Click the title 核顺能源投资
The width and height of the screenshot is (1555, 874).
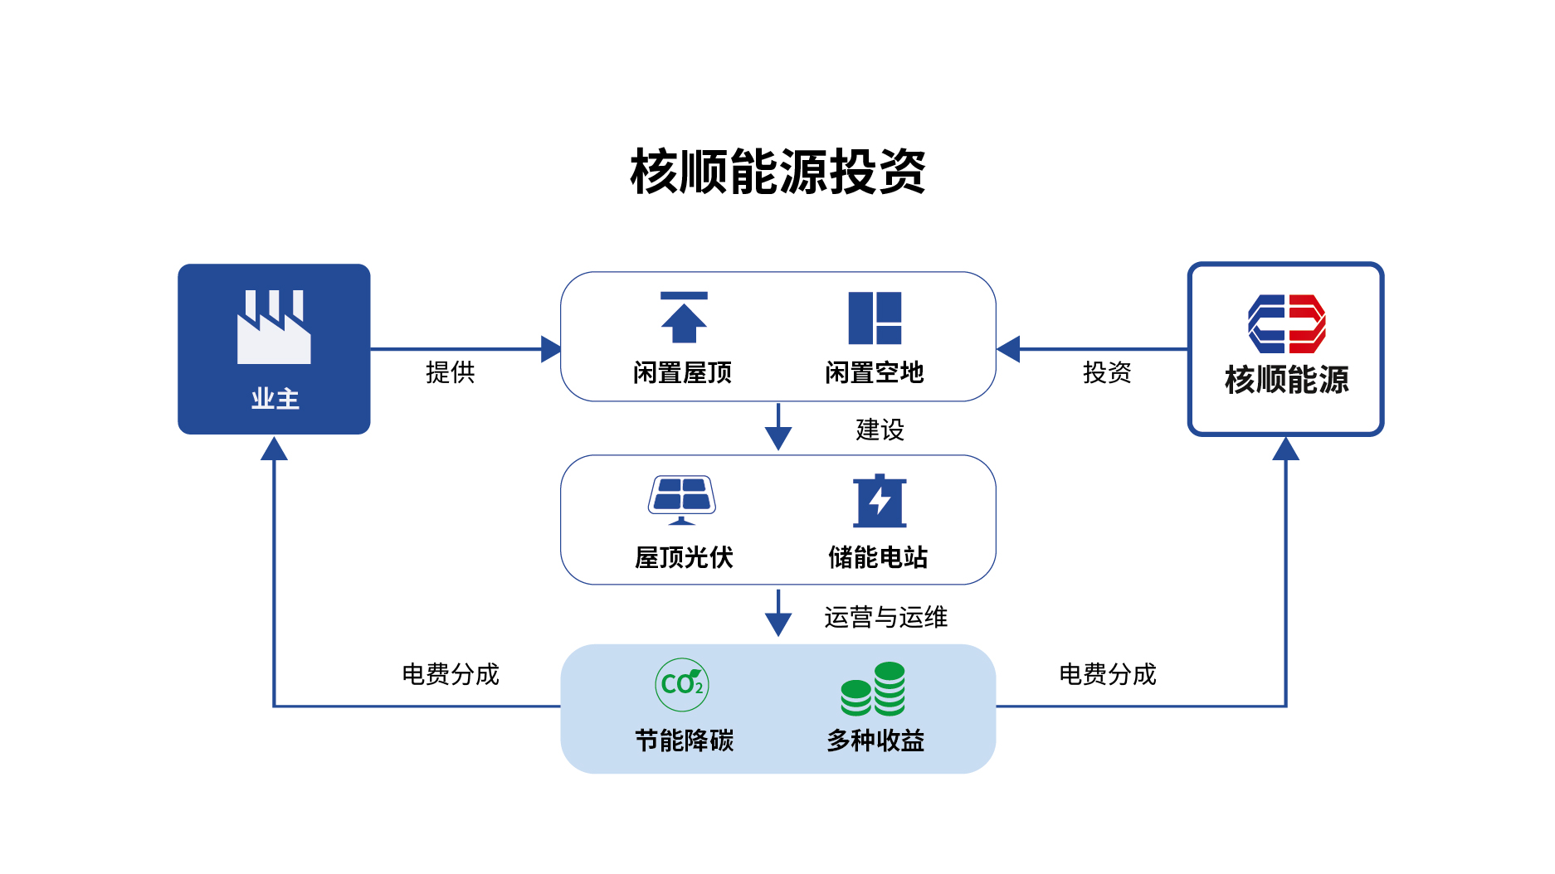(777, 172)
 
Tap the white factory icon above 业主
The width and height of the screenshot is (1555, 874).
(274, 328)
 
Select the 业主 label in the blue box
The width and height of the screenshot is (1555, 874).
(275, 399)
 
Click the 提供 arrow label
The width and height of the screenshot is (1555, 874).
(450, 372)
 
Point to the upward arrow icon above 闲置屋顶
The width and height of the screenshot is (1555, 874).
(684, 318)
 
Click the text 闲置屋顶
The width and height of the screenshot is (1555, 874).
(682, 373)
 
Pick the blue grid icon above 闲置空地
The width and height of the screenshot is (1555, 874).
(875, 318)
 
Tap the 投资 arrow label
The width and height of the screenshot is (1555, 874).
(1107, 372)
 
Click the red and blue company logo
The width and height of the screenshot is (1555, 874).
(1286, 323)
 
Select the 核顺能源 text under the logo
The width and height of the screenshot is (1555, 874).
(1286, 380)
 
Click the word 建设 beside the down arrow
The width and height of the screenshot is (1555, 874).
(880, 430)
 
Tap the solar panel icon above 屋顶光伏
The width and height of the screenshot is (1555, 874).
(681, 499)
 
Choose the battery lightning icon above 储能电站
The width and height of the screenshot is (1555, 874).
(880, 501)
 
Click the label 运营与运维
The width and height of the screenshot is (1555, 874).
(885, 617)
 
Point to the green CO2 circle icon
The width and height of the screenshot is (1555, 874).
(682, 684)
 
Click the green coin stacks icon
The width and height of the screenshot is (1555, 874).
(873, 689)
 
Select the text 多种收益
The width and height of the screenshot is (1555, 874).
(875, 740)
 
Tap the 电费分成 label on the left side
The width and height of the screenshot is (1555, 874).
(450, 674)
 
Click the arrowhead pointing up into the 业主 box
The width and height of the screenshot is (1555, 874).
(274, 449)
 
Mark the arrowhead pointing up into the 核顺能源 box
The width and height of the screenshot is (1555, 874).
(1285, 449)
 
